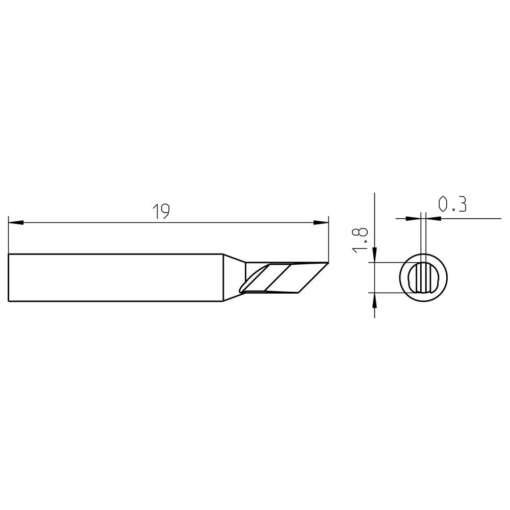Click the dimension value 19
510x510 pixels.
[161, 211]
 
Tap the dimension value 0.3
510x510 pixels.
[452, 205]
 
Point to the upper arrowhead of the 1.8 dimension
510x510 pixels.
[375, 255]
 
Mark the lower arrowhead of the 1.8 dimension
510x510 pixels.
[375, 300]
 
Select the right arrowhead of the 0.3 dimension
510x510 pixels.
[434, 219]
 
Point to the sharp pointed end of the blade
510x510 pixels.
[327, 264]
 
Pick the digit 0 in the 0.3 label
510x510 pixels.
[443, 205]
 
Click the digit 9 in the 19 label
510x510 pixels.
[165, 211]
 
